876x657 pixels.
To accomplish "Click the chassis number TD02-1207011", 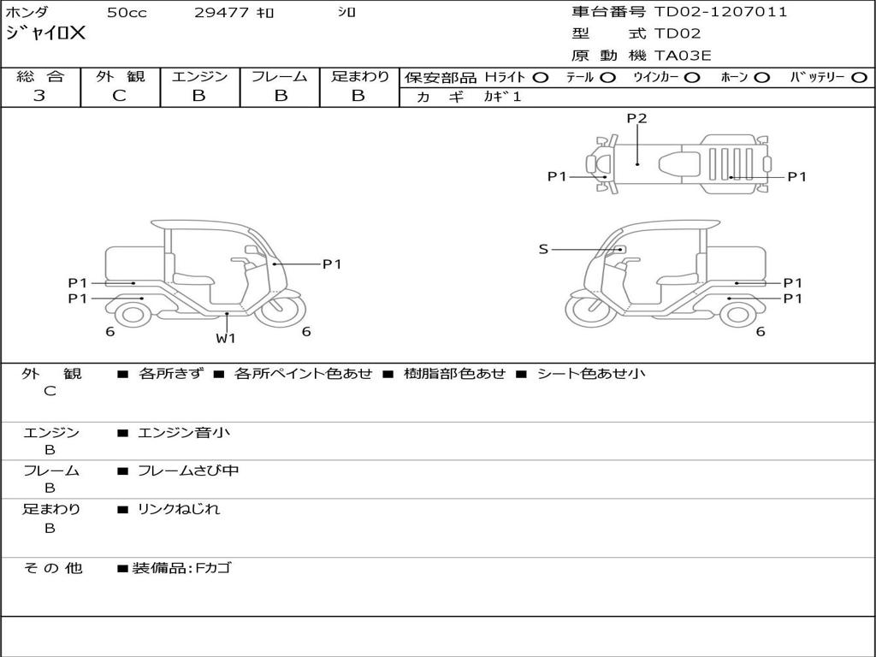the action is (x=720, y=12).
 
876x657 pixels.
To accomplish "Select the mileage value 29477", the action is (x=222, y=13).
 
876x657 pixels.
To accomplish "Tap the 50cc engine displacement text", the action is (x=126, y=13).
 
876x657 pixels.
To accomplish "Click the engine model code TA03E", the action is (x=683, y=56).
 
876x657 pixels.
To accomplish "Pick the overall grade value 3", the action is (x=39, y=96).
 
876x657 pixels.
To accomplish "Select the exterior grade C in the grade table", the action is (x=119, y=96).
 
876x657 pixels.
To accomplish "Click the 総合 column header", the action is (x=40, y=77).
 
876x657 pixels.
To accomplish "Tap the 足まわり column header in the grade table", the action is (x=359, y=77).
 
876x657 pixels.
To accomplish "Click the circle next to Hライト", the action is (x=541, y=78).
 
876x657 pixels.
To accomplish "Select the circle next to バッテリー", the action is (x=859, y=78).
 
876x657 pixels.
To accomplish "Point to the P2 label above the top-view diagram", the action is (x=636, y=119).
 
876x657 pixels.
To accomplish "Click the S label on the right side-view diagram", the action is (x=543, y=249).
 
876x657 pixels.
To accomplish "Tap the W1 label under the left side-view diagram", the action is (x=226, y=338).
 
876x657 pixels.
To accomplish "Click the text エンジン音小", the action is (x=184, y=433).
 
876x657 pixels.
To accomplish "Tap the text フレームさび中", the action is (x=188, y=471).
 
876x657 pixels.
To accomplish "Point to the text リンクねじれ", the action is (x=179, y=509).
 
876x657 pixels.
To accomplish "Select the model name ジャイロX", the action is (x=46, y=34).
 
